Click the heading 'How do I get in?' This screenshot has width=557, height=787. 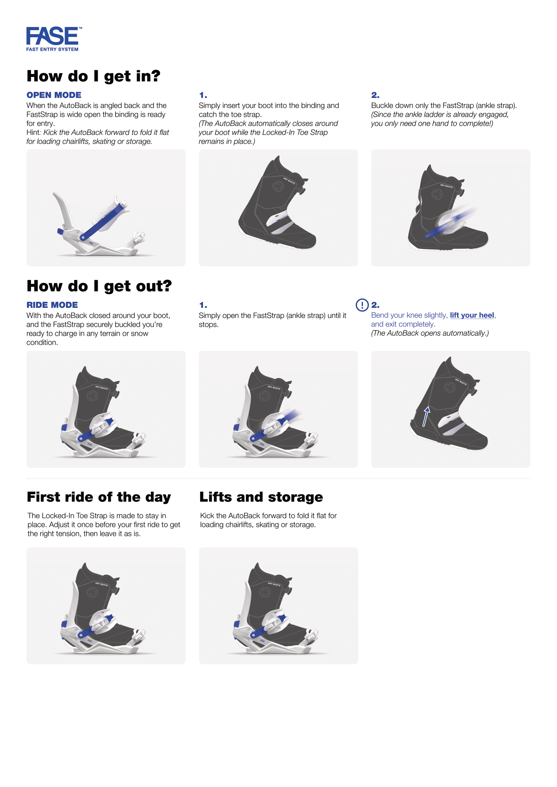[93, 76]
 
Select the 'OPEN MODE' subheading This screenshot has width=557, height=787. [54, 95]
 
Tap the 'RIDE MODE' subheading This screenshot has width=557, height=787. [52, 305]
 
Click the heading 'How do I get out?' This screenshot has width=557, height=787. [99, 286]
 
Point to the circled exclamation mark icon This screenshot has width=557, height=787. [362, 305]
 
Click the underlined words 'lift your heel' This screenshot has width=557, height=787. [472, 315]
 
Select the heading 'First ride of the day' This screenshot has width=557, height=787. [99, 497]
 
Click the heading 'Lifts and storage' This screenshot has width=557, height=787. [261, 497]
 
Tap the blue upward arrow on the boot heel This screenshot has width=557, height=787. [426, 417]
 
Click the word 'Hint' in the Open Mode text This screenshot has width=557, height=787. [33, 132]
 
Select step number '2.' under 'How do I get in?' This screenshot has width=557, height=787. [375, 95]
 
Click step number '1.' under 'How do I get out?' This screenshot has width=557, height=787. [203, 305]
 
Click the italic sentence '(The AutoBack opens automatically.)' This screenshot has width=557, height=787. [430, 333]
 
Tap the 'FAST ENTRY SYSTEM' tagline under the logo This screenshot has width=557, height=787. [52, 49]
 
